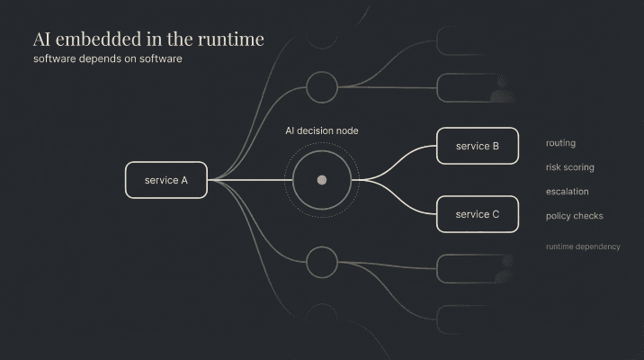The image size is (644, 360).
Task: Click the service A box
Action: pos(166,180)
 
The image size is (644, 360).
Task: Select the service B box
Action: pos(478,146)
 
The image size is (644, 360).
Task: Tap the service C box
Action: pos(478,214)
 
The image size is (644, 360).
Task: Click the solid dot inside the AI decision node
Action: pos(321,180)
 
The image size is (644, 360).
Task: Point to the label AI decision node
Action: pos(321,130)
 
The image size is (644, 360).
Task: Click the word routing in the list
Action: pos(560,143)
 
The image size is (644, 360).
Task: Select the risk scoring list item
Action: pos(569,167)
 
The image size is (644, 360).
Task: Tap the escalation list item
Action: pos(566,192)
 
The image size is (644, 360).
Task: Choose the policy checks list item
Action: pos(574,216)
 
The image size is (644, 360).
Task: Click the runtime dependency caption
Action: pos(583,247)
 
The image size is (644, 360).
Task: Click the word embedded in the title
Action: pos(102,40)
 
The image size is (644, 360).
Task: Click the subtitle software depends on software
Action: pos(108,59)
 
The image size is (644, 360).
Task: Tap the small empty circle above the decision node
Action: pos(321,87)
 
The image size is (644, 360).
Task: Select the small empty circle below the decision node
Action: pos(321,262)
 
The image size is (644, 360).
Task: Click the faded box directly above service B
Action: pos(472,87)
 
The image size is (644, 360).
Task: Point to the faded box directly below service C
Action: pos(472,268)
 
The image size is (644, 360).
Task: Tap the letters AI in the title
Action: pos(41,40)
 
